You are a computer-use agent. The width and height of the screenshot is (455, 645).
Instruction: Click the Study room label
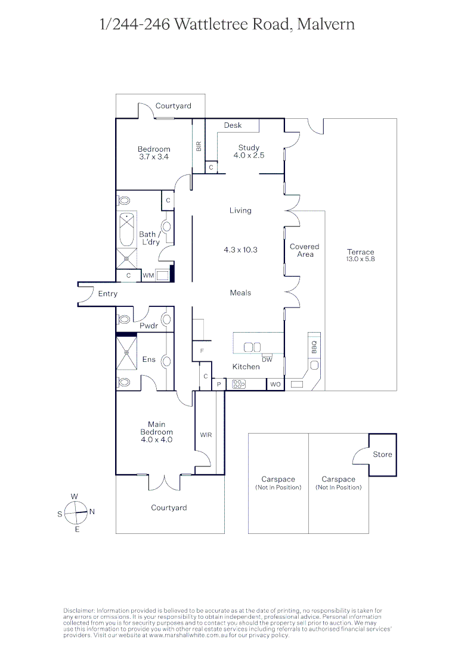(x=249, y=148)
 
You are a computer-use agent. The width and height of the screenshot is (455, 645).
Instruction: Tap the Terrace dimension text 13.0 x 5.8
(x=361, y=259)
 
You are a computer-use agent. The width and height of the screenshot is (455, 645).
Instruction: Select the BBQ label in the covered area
(x=314, y=345)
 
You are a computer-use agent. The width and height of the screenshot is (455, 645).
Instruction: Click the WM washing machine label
(x=148, y=275)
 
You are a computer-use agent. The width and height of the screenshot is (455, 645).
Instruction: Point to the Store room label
(x=382, y=454)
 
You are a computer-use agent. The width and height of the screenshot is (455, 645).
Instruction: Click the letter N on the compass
(x=92, y=512)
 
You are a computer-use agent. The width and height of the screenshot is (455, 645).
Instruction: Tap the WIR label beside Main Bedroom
(x=206, y=435)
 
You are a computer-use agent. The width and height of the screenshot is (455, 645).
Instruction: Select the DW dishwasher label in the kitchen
(x=267, y=360)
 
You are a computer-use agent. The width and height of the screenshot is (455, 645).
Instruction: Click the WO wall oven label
(x=275, y=384)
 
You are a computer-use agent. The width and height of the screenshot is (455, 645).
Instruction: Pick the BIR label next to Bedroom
(x=199, y=145)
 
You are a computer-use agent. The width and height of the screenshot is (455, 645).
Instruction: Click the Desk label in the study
(x=233, y=125)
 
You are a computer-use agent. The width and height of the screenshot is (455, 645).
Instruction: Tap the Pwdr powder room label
(x=148, y=326)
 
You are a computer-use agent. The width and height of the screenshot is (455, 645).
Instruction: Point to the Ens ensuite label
(x=148, y=360)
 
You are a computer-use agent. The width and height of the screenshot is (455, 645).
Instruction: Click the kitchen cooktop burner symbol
(x=239, y=384)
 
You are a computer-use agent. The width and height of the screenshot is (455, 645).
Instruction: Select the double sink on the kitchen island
(x=252, y=347)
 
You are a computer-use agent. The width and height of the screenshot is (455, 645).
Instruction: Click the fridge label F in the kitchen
(x=202, y=351)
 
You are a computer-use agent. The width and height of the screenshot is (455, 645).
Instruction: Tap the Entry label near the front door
(x=108, y=294)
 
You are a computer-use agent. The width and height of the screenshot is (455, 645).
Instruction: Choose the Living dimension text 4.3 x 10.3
(x=240, y=250)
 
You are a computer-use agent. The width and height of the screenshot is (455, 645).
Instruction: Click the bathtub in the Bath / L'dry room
(x=126, y=230)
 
